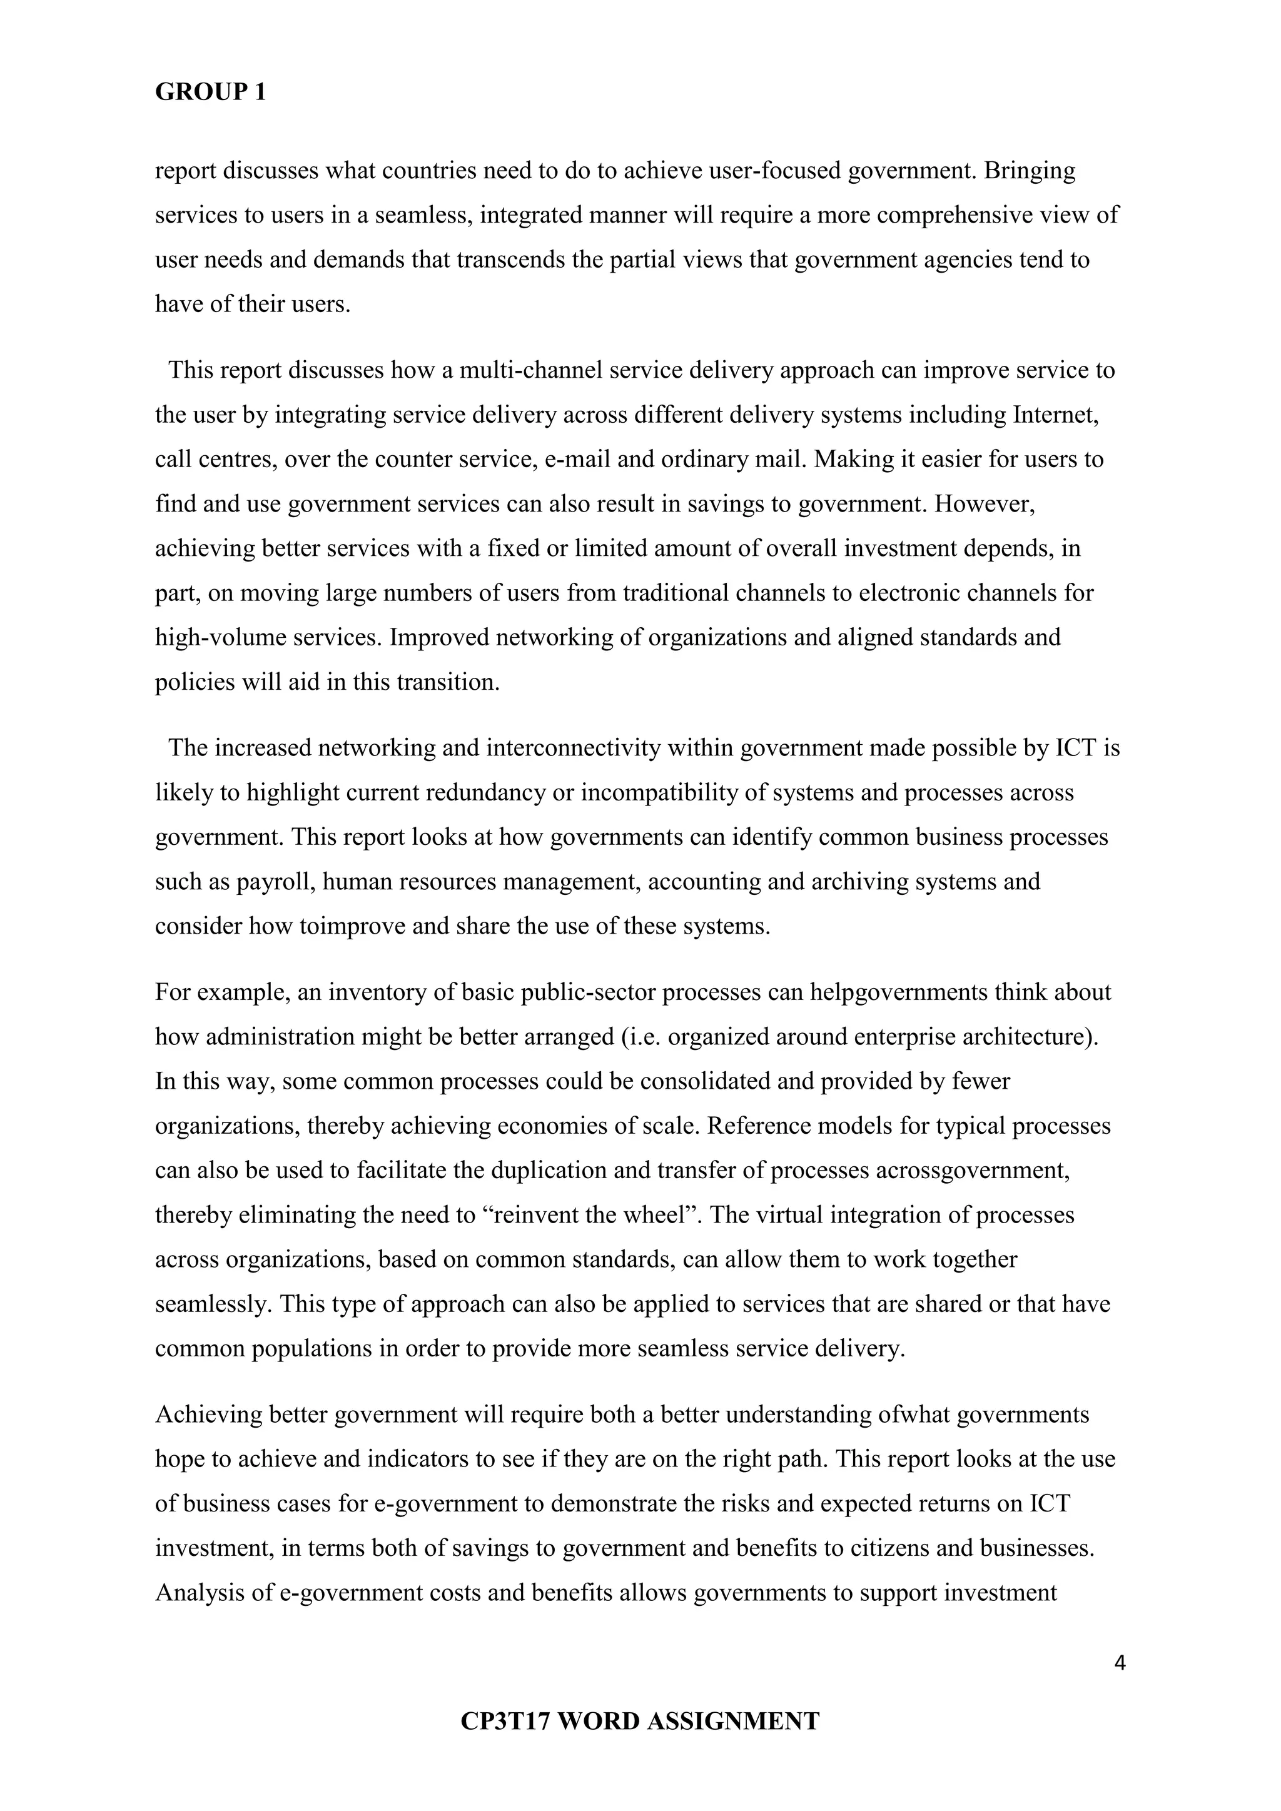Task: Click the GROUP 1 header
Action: pyautogui.click(x=211, y=93)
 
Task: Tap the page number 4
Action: pyautogui.click(x=1119, y=1663)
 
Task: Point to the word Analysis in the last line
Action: pyautogui.click(x=203, y=1593)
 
